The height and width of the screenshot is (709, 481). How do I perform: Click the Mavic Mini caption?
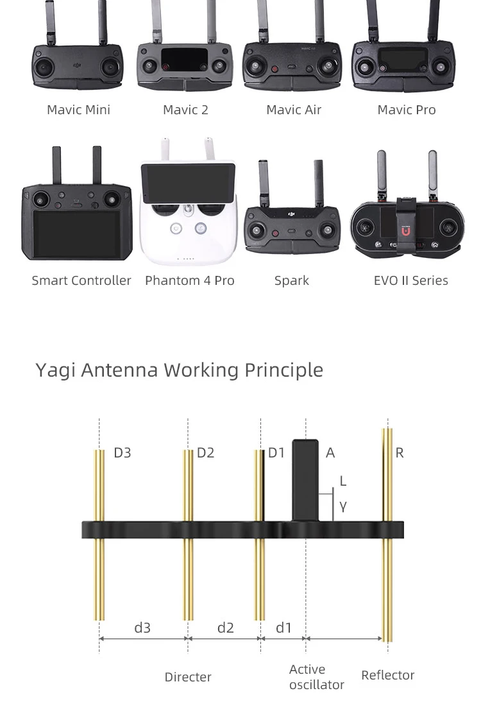(78, 110)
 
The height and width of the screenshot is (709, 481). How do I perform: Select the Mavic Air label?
(294, 110)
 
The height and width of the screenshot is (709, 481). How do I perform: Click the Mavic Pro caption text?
(407, 110)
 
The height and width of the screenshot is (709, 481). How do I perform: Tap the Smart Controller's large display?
(76, 234)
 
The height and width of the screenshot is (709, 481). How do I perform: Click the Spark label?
(292, 280)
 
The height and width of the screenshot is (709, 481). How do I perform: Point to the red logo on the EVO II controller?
(405, 230)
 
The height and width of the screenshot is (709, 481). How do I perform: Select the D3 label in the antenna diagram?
(122, 453)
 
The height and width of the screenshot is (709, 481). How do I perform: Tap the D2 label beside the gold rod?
(206, 453)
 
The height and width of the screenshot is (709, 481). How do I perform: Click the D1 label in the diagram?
(276, 453)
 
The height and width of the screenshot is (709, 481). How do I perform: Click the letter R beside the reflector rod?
(400, 453)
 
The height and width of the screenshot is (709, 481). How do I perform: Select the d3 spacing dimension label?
(142, 628)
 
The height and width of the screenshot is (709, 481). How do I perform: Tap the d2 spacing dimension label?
(226, 628)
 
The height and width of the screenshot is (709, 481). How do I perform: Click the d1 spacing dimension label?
(283, 628)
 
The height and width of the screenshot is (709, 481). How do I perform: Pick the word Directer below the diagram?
(188, 677)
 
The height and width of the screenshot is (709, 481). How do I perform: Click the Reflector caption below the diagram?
(388, 675)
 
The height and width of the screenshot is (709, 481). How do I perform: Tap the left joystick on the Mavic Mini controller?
(45, 66)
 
